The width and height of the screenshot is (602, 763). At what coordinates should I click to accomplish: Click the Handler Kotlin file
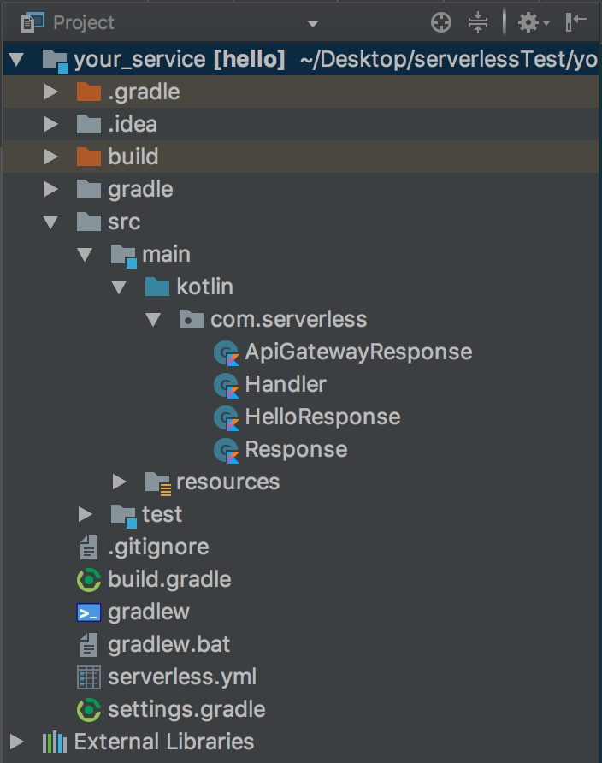pyautogui.click(x=285, y=384)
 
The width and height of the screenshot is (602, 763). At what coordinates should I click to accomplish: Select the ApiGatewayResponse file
pyautogui.click(x=357, y=352)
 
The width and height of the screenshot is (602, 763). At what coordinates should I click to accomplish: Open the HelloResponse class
pyautogui.click(x=322, y=417)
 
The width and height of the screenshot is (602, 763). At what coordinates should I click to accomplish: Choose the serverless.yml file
pyautogui.click(x=181, y=677)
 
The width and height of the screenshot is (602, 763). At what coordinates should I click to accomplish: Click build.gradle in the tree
pyautogui.click(x=169, y=579)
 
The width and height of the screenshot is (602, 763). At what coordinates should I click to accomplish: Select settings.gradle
pyautogui.click(x=186, y=709)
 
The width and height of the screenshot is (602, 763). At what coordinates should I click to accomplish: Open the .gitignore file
pyautogui.click(x=158, y=547)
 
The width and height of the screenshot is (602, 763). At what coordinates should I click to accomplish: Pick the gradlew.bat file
pyautogui.click(x=168, y=644)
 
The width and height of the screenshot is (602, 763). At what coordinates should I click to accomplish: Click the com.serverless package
pyautogui.click(x=288, y=319)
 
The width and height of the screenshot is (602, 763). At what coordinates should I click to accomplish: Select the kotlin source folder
pyautogui.click(x=204, y=287)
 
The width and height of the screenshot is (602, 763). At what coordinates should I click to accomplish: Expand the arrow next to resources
pyautogui.click(x=120, y=482)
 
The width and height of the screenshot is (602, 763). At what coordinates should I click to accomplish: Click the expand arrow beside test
pyautogui.click(x=85, y=514)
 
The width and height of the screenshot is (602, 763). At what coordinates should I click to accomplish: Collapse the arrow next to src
pyautogui.click(x=50, y=222)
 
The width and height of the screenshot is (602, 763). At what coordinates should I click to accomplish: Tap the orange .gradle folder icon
pyautogui.click(x=88, y=92)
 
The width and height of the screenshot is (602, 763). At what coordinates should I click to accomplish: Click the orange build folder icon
pyautogui.click(x=88, y=157)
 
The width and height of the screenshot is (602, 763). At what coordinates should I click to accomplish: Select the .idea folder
pyautogui.click(x=132, y=124)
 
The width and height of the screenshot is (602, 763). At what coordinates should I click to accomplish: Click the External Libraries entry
pyautogui.click(x=163, y=742)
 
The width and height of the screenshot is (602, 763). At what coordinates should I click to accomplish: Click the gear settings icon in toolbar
pyautogui.click(x=529, y=22)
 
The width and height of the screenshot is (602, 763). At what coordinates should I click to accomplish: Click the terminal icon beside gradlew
pyautogui.click(x=89, y=612)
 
